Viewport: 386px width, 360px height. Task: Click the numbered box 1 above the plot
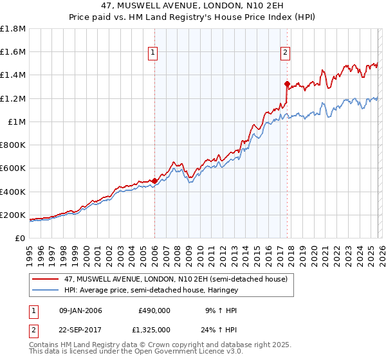point(154,53)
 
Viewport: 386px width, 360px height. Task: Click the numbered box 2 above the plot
point(285,53)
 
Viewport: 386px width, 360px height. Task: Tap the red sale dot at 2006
point(154,181)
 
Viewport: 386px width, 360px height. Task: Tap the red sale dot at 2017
point(287,83)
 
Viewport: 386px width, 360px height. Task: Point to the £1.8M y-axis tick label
point(13,29)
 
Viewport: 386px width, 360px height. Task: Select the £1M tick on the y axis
point(17,122)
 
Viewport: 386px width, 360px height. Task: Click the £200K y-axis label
point(13,215)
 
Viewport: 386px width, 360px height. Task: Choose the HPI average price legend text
point(152,290)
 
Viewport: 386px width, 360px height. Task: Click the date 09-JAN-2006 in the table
point(80,310)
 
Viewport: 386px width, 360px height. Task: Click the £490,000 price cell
point(154,310)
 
